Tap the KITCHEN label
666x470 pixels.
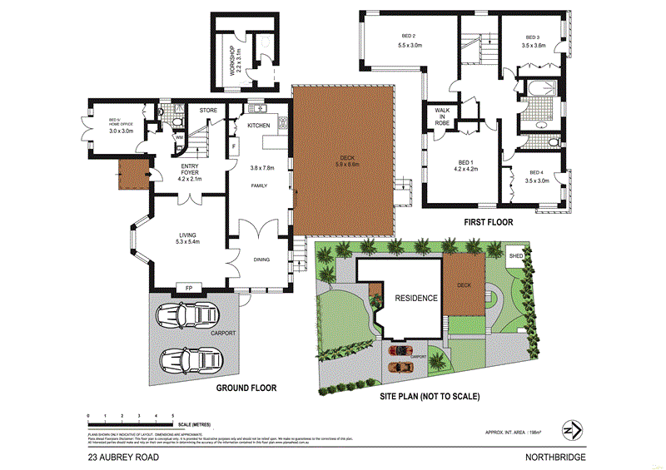[x=259, y=125]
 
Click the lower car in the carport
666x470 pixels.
[x=188, y=359]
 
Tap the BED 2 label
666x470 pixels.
[x=409, y=36]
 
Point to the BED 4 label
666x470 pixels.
[x=535, y=172]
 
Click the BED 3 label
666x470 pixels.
[x=534, y=37]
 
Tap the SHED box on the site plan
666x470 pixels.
[x=516, y=255]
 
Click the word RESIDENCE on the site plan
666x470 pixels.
[x=416, y=299]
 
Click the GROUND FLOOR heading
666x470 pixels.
[x=246, y=388]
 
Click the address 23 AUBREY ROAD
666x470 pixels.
[x=121, y=458]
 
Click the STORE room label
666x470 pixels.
[x=208, y=109]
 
